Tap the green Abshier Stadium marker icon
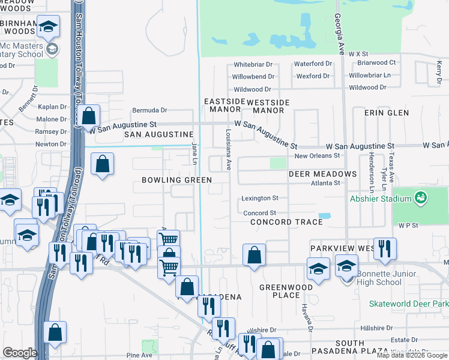[421, 197]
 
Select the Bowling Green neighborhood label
[176, 180]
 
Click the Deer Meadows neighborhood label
[322, 174]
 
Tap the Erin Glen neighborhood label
[386, 113]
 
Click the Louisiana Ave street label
[229, 149]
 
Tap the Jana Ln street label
[194, 153]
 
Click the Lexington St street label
[260, 198]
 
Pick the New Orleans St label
[317, 155]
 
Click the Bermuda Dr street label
[149, 110]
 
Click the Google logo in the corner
[20, 352]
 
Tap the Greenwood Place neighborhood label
[287, 291]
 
